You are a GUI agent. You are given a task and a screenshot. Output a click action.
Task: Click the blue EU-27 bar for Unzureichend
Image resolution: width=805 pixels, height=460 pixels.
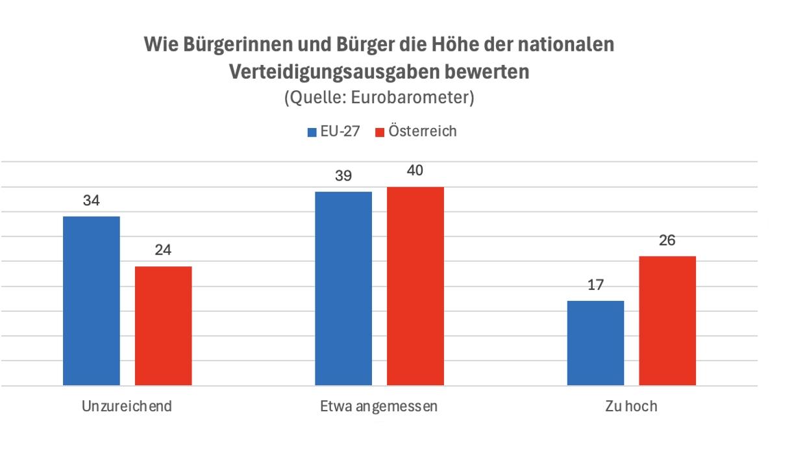(92, 300)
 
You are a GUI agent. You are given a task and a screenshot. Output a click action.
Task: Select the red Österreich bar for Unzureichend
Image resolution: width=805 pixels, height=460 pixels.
(163, 326)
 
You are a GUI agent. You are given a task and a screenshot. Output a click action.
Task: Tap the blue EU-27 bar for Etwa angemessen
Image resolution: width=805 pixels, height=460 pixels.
(343, 288)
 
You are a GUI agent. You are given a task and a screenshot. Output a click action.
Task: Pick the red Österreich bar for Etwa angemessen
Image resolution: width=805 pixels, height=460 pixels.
(415, 286)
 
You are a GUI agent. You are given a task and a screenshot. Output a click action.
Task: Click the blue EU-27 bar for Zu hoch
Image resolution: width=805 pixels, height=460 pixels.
(595, 343)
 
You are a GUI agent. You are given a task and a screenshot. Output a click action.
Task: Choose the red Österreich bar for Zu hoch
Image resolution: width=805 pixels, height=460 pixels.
(667, 320)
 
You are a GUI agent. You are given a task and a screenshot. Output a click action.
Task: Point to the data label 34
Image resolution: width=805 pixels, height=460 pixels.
(92, 201)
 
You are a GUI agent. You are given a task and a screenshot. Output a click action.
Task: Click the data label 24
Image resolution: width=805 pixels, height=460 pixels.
(163, 250)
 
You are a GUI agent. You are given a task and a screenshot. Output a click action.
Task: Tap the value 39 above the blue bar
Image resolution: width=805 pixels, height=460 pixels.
(343, 176)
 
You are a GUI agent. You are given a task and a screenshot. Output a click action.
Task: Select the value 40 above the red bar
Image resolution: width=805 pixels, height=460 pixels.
(415, 171)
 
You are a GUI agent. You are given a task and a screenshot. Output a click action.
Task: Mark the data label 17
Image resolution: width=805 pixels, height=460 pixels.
(595, 285)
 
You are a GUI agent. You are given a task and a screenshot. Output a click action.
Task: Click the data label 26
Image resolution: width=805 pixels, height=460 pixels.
(667, 240)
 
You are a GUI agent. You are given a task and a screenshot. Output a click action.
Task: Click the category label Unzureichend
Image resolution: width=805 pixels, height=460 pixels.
(127, 407)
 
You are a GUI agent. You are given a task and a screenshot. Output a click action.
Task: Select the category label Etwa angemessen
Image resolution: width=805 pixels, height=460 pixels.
(379, 407)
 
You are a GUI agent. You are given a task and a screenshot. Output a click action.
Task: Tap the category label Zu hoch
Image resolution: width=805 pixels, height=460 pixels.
(631, 407)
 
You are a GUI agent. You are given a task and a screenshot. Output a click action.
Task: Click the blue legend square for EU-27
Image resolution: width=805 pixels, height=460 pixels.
(312, 133)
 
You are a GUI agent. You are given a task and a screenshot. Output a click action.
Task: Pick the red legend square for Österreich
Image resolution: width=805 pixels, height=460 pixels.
(380, 133)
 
